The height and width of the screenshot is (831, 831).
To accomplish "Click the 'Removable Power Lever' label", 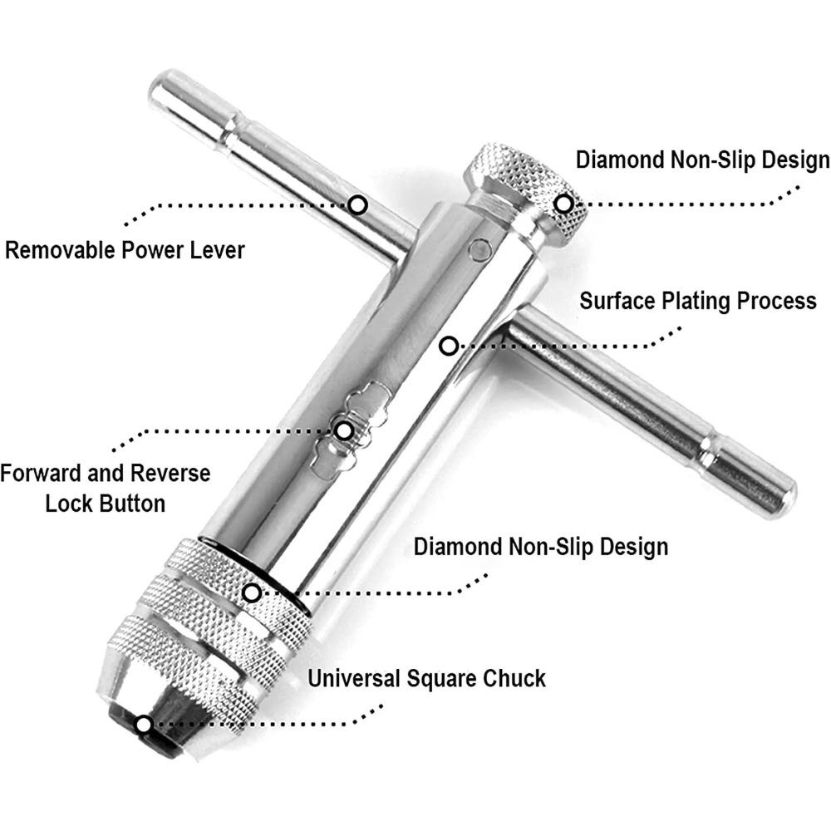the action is click(x=125, y=250).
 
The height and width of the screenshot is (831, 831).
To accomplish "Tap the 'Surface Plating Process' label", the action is click(x=698, y=301).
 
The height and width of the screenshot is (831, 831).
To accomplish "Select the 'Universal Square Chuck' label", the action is click(x=426, y=679).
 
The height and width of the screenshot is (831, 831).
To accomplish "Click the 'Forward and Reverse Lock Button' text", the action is click(x=106, y=488).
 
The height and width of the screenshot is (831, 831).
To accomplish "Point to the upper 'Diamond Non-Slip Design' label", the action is click(x=703, y=160).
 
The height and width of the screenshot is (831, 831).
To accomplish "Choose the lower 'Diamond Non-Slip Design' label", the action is click(x=541, y=547).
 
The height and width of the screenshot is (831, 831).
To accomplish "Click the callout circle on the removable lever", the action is click(x=357, y=204).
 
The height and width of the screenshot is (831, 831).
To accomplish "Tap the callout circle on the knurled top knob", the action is click(x=563, y=204).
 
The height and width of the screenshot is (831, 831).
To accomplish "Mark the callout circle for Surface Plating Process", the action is click(x=449, y=346).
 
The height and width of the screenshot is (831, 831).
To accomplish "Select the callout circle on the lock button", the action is click(x=344, y=430).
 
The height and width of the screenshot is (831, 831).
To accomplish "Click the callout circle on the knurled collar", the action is click(x=252, y=593).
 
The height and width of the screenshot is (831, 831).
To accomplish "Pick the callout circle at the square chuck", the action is click(x=144, y=725).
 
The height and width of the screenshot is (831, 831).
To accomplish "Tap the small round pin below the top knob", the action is click(x=480, y=249).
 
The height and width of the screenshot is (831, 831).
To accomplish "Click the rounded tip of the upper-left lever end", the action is click(x=159, y=86).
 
